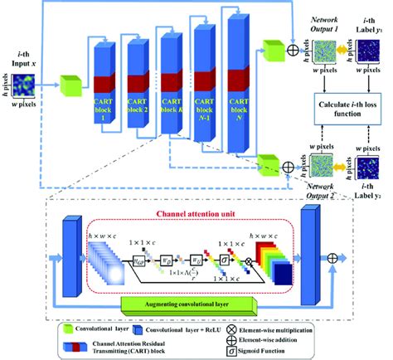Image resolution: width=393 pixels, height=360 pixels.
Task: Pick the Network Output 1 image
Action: tap(313, 44)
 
